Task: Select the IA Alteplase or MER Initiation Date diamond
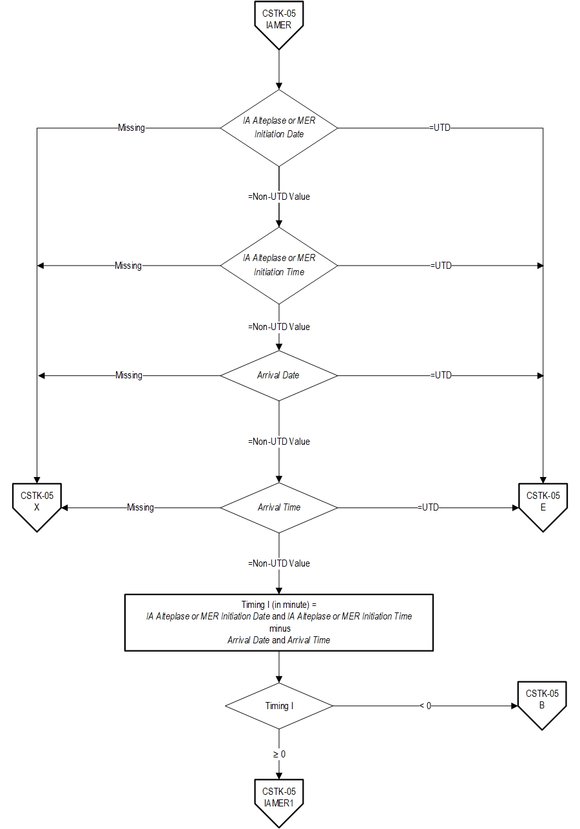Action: coord(279,128)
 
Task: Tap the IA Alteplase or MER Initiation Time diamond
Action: coord(279,265)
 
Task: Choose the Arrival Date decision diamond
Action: coord(279,375)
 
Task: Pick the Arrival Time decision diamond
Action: coord(279,507)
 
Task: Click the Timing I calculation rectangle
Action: coord(279,622)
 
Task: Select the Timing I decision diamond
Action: coord(279,706)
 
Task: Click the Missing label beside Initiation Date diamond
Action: coord(131,128)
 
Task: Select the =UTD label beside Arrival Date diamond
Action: coord(441,375)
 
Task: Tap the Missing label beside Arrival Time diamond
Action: coord(140,507)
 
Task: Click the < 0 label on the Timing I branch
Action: coord(425,706)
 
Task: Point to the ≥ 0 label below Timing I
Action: coord(279,754)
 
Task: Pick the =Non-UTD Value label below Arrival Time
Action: coord(279,563)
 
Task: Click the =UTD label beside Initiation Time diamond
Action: coord(441,265)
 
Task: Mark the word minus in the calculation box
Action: coord(279,628)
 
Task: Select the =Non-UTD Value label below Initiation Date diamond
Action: coord(279,197)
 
